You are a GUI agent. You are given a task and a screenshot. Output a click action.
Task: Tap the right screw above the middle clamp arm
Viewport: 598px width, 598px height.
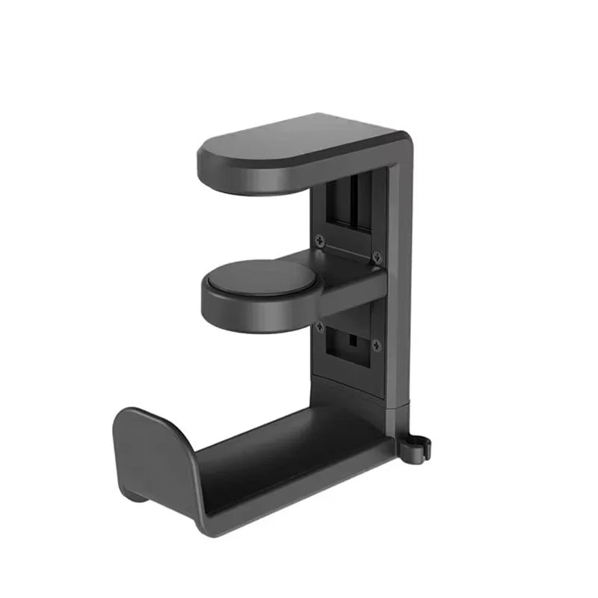(x=376, y=256)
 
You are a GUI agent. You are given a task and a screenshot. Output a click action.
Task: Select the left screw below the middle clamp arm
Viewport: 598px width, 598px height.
(x=321, y=326)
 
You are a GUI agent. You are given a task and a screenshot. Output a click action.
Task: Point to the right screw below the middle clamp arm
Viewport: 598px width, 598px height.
(x=376, y=345)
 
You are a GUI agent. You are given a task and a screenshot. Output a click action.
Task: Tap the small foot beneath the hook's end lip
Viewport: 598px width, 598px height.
(x=132, y=494)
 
